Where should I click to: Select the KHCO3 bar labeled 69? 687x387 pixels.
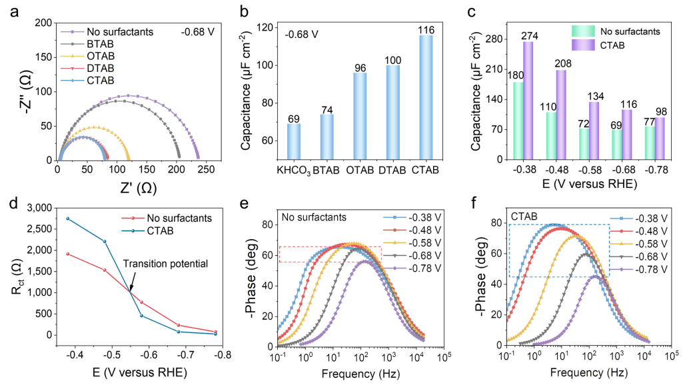(x=294, y=142)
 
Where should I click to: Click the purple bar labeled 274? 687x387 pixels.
(x=528, y=101)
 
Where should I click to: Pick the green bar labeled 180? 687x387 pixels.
(x=518, y=121)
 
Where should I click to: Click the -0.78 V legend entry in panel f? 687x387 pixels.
(x=640, y=269)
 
